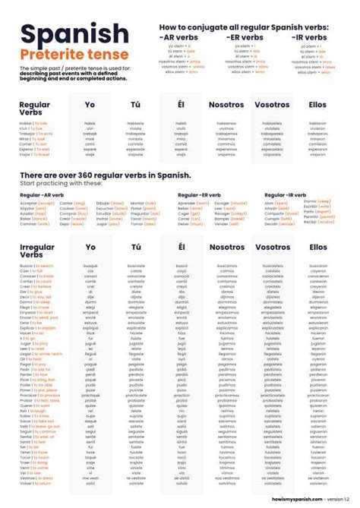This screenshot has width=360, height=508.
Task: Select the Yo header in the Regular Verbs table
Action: (x=90, y=104)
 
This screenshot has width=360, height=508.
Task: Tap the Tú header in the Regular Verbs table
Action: (x=136, y=104)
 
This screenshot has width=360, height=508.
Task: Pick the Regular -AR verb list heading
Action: (x=41, y=195)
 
